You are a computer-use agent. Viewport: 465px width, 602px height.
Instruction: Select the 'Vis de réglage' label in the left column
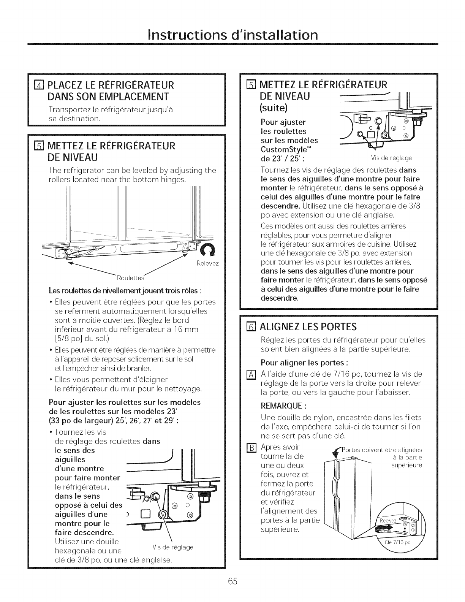pyautogui.click(x=172, y=547)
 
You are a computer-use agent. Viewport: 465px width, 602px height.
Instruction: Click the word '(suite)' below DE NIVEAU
pyautogui.click(x=274, y=108)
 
